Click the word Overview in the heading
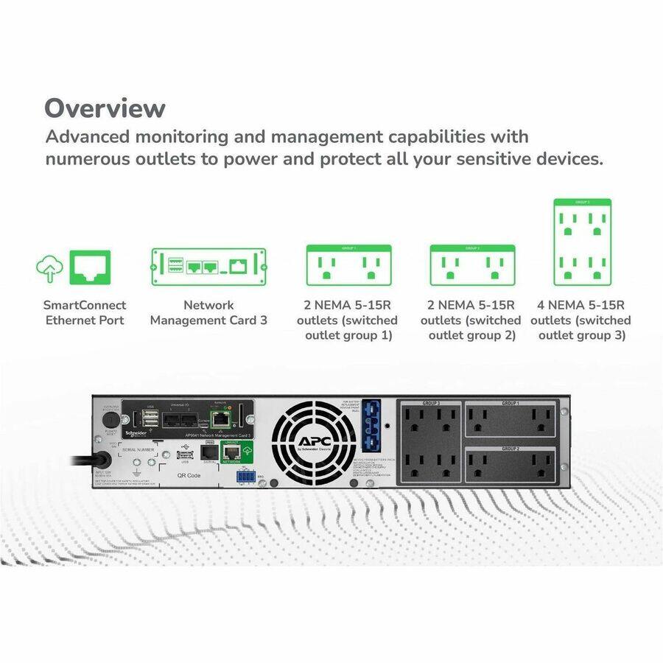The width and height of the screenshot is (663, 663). point(105,108)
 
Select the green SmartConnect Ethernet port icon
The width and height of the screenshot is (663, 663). point(90,267)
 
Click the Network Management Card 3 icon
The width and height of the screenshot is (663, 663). point(208,267)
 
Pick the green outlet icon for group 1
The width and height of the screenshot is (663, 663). point(348,265)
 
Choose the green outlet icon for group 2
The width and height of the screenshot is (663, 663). point(472,265)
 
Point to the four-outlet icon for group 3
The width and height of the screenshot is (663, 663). point(582,242)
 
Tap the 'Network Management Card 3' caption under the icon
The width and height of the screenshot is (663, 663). point(208,312)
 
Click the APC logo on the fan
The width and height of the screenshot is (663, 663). point(307,441)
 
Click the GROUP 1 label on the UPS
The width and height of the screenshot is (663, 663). point(511,404)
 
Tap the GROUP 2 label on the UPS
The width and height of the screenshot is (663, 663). point(511,448)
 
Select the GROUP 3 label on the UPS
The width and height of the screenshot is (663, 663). point(431,404)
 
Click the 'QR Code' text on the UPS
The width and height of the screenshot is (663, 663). point(169,475)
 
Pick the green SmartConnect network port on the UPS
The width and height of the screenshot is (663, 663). point(230,452)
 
